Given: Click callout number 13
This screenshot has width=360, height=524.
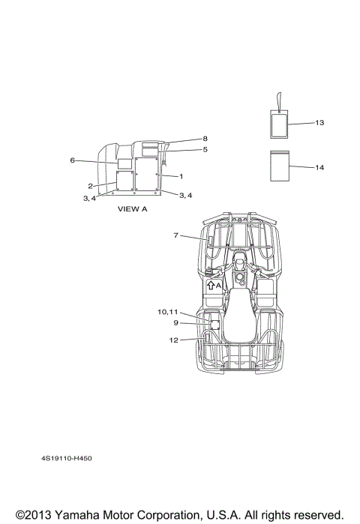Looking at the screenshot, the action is (x=319, y=123).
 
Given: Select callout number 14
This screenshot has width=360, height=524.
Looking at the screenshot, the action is (x=319, y=167).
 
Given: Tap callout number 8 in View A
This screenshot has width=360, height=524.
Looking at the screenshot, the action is (x=205, y=139).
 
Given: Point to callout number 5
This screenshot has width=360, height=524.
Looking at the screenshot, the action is (x=205, y=149).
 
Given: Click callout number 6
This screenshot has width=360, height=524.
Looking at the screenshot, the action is (x=72, y=160).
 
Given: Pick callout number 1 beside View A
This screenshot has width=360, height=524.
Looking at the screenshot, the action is (x=181, y=176).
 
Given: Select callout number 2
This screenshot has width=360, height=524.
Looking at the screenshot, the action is (x=90, y=186).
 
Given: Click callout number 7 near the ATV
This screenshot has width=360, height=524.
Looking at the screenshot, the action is (x=175, y=235).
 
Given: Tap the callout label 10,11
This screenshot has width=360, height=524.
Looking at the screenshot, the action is (x=168, y=312).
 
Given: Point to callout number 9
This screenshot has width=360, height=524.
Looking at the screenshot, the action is (x=175, y=323).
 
